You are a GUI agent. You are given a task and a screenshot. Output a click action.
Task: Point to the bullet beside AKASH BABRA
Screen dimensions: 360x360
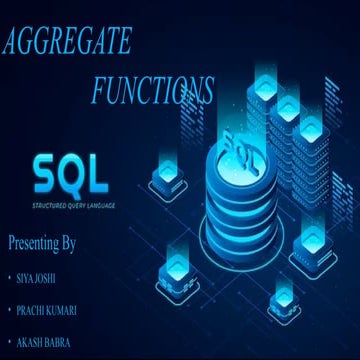(x=9, y=344)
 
